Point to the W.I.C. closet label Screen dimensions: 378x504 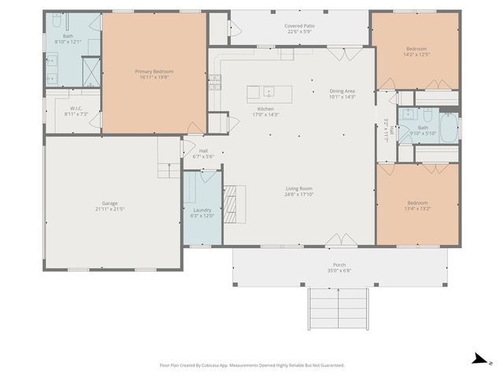pos(76,109)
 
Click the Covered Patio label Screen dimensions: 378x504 pos(298,26)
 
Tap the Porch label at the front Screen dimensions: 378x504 pos(339,265)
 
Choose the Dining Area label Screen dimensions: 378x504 pos(343,91)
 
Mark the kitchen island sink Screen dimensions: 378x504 pos(269,91)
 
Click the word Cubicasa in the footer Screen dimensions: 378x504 pos(223,365)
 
